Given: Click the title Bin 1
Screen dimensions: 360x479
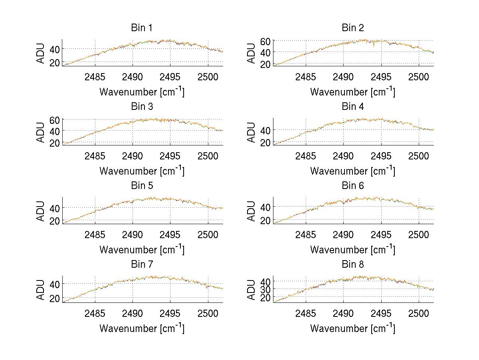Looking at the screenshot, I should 142,28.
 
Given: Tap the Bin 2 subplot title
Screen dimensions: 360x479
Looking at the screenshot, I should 353,28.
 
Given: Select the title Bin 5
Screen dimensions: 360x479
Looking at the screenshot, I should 142,186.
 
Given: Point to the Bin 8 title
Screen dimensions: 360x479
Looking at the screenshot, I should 353,265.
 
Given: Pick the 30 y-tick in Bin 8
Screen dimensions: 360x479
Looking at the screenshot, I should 266,289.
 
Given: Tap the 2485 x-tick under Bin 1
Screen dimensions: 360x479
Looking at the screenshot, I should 95,77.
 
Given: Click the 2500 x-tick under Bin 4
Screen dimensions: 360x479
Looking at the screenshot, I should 418,156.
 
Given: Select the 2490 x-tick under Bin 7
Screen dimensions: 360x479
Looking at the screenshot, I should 133,313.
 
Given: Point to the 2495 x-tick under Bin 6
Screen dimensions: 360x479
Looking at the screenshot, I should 381,235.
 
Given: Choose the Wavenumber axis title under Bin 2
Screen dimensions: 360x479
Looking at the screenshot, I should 353,91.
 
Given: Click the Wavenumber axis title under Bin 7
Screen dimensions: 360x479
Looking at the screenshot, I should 142,328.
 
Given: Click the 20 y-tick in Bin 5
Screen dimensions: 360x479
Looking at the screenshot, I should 55,221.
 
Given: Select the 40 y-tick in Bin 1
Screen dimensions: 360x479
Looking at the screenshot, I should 55,49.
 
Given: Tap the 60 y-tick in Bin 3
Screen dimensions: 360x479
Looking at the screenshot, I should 55,120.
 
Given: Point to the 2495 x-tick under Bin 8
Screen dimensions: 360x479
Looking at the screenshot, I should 381,313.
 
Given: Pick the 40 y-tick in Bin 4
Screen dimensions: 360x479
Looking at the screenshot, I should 266,130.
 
